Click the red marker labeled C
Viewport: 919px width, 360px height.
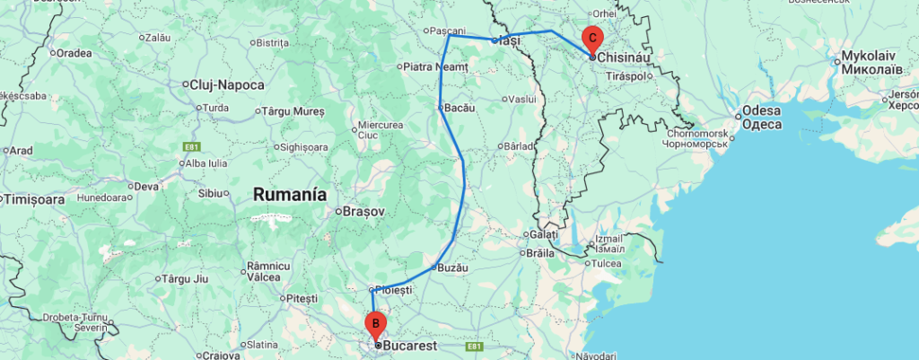592,39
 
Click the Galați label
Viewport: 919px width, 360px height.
543,235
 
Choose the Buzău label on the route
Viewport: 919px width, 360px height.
451,267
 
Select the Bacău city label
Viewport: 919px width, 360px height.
458,108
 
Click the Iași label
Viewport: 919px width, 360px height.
510,40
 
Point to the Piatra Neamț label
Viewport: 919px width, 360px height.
436,66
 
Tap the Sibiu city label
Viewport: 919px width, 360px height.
209,193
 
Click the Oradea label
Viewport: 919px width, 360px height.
74,52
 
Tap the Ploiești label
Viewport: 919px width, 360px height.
394,290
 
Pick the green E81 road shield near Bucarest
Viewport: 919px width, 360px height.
476,346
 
